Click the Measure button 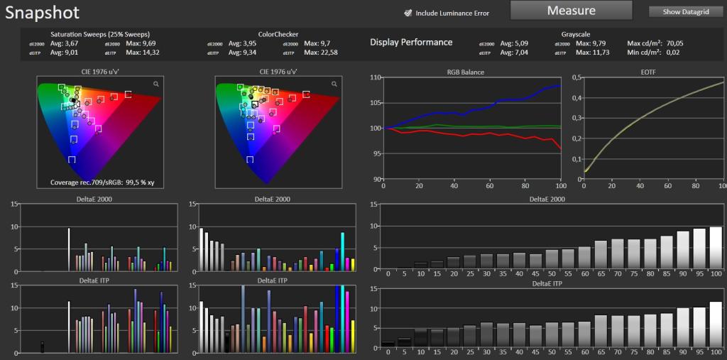(x=572, y=10)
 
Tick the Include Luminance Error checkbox (x=408, y=13)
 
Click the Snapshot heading (x=42, y=13)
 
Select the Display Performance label (x=411, y=42)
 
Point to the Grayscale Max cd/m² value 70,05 (x=675, y=43)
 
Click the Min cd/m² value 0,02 (x=673, y=53)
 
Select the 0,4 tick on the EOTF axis (x=578, y=98)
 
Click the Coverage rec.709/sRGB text (x=102, y=182)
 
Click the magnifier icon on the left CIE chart (x=156, y=84)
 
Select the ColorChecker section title (x=278, y=34)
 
